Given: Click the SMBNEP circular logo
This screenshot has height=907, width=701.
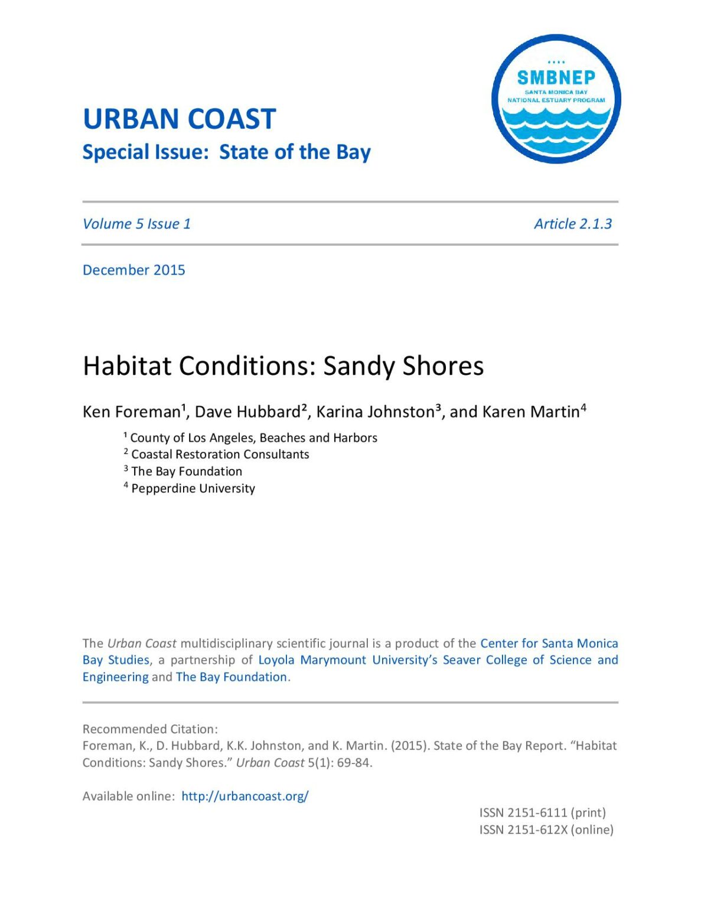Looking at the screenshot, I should (x=556, y=99).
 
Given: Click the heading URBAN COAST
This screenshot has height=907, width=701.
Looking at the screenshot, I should (x=179, y=119).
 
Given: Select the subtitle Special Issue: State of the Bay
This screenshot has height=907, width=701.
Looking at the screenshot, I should (x=226, y=152).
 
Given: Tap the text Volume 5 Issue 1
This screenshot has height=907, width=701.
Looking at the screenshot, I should (x=136, y=224).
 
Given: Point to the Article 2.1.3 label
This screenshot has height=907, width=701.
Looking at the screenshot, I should (x=573, y=224).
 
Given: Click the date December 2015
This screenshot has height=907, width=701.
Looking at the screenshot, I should (x=134, y=270).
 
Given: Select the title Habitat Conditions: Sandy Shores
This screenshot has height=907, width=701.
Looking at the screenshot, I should (x=283, y=366).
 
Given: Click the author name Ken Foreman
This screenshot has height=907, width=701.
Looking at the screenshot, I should (x=131, y=412).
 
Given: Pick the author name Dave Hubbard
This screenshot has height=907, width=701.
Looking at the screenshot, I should (x=248, y=412).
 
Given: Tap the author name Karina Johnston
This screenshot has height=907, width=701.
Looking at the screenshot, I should (x=376, y=412).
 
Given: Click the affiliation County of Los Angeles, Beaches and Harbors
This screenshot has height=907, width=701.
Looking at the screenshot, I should (x=253, y=438).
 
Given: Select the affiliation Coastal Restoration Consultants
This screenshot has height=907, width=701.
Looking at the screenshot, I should (x=220, y=454).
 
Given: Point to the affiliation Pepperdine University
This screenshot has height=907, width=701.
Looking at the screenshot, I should (x=193, y=488).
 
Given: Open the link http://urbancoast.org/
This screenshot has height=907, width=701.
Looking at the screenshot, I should (x=244, y=796).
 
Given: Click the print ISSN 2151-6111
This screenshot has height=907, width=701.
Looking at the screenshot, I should (x=542, y=813).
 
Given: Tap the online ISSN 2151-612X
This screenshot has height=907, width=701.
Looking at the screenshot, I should (x=546, y=830).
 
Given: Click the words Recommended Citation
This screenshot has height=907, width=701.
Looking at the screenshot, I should (x=150, y=729).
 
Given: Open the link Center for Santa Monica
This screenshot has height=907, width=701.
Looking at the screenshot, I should (x=549, y=643).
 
